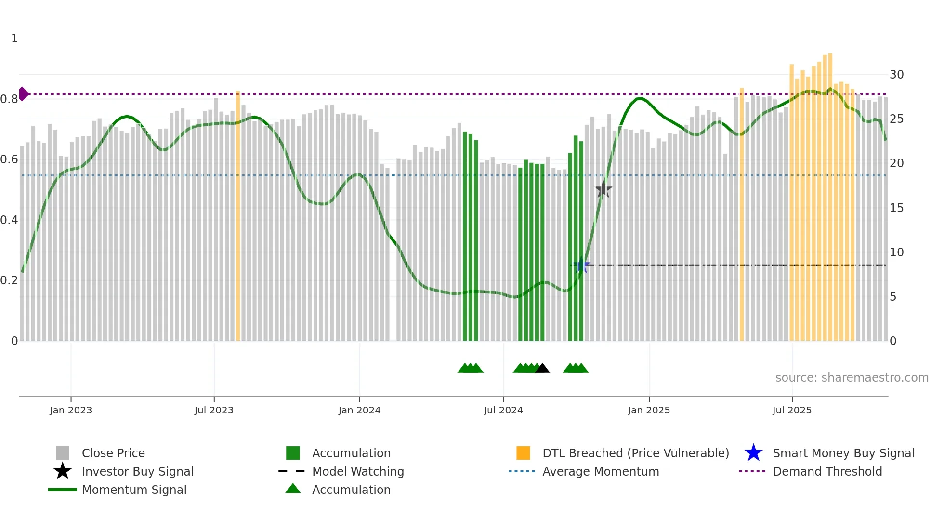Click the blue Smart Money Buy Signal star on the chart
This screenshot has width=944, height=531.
[x=581, y=265]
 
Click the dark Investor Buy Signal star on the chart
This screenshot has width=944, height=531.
[x=603, y=190]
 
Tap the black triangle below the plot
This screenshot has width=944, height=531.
[x=542, y=368]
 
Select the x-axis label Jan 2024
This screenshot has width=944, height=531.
[x=359, y=410]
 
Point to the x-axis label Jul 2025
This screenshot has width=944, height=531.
[x=792, y=410]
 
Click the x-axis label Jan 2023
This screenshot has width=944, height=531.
[x=71, y=410]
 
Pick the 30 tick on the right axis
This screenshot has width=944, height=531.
[x=896, y=75]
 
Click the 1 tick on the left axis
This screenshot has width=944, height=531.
[x=14, y=39]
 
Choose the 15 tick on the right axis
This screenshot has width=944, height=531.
[x=896, y=208]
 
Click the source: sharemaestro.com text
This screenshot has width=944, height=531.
[x=852, y=378]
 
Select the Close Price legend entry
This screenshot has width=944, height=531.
[x=113, y=453]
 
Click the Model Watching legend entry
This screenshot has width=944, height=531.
[x=357, y=471]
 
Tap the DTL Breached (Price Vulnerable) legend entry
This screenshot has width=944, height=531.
[x=635, y=453]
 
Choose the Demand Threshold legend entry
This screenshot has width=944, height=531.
[x=827, y=471]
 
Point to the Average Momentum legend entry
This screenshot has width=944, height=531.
[x=600, y=471]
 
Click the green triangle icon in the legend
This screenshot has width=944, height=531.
[x=293, y=489]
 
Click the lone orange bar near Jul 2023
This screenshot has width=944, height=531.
[x=238, y=217]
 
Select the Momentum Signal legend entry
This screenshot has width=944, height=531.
[x=133, y=490]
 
